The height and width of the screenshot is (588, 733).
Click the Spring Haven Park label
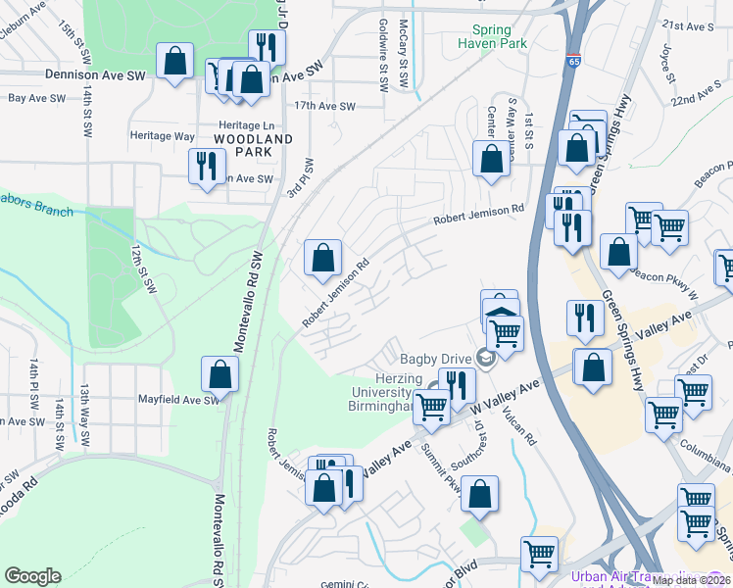pyautogui.click(x=498, y=36)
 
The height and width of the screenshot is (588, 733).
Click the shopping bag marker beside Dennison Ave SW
pyautogui.click(x=174, y=63)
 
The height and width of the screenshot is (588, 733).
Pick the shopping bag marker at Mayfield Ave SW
pyautogui.click(x=220, y=374)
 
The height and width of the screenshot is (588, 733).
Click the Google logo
pyautogui.click(x=32, y=576)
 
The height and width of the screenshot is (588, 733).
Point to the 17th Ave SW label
pyautogui.click(x=323, y=105)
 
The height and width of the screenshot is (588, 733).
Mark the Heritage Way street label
pyautogui.click(x=164, y=136)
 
